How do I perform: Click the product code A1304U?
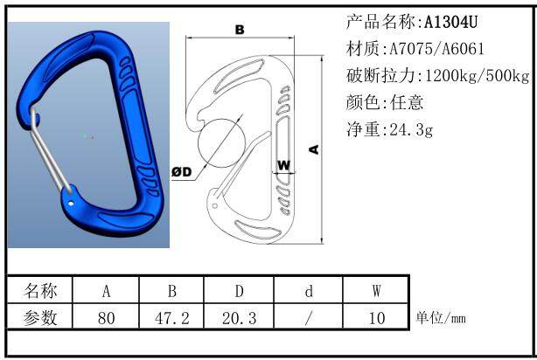click(x=450, y=22)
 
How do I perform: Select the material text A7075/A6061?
click(x=436, y=49)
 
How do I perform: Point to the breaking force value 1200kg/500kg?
click(x=477, y=75)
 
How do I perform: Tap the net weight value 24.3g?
click(x=411, y=129)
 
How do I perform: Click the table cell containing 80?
click(x=106, y=317)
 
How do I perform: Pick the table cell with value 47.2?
click(x=171, y=317)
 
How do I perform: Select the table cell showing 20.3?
click(x=239, y=317)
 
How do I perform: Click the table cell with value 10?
click(x=376, y=317)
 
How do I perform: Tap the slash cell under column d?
click(x=308, y=317)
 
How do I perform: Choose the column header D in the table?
click(x=239, y=290)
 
